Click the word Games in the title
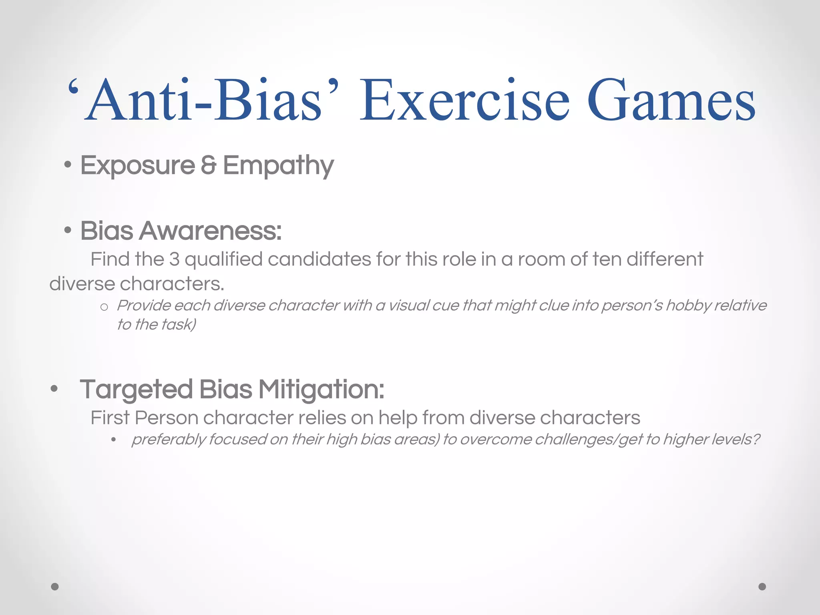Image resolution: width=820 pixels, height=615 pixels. (x=671, y=100)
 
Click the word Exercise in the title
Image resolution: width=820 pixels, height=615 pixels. (x=464, y=100)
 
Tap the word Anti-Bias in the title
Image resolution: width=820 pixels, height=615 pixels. (x=204, y=100)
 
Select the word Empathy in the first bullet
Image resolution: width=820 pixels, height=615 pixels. (x=278, y=166)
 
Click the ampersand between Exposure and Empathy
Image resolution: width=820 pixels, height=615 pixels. (x=208, y=165)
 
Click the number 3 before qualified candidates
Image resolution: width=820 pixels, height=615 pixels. (x=174, y=259)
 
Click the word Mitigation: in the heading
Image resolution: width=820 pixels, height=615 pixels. (x=321, y=390)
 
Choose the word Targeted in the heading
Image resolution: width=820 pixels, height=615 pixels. (x=137, y=390)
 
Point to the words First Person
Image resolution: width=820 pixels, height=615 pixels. (x=144, y=418)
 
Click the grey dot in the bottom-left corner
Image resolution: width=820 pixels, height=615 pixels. (x=55, y=587)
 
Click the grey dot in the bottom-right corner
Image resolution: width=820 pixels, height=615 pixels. (x=762, y=587)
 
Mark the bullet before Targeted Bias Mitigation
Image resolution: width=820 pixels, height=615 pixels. (x=54, y=389)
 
